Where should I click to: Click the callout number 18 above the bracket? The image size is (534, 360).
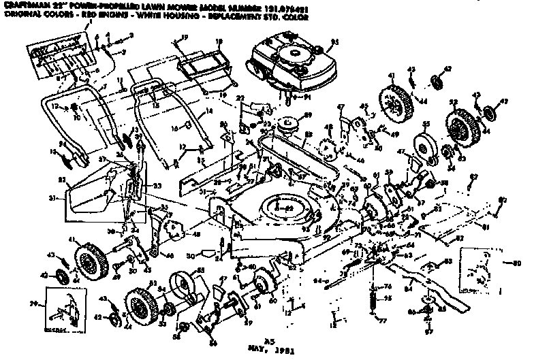click(219, 42)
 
